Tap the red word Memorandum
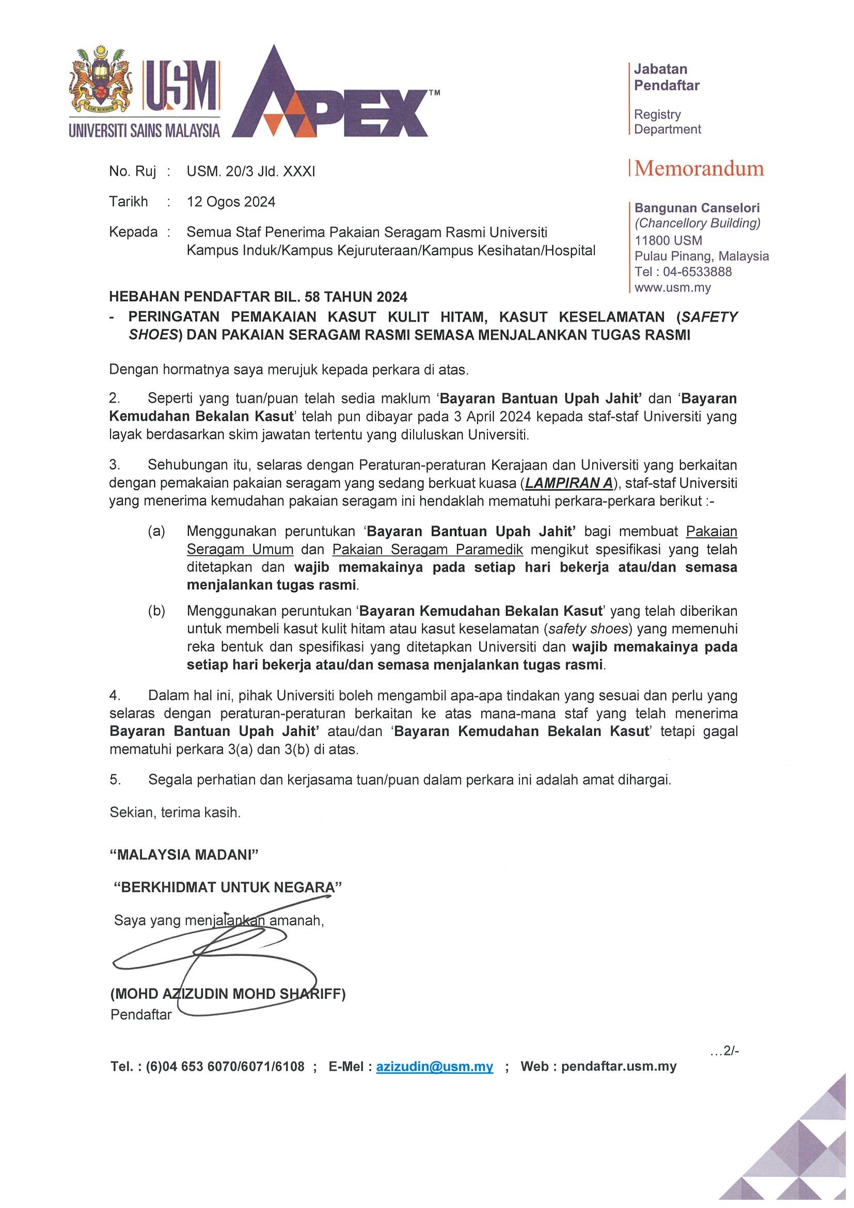click(x=699, y=169)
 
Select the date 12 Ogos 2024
click(x=231, y=202)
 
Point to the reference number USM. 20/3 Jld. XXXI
click(x=251, y=171)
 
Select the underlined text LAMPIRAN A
click(x=570, y=483)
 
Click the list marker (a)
click(x=156, y=531)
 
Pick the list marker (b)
click(x=156, y=611)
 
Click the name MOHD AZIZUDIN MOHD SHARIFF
click(x=228, y=994)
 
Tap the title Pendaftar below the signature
click(x=141, y=1014)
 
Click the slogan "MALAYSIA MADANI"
click(x=184, y=854)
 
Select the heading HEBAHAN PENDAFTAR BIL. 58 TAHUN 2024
click(x=258, y=297)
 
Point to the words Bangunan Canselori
click(x=697, y=208)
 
